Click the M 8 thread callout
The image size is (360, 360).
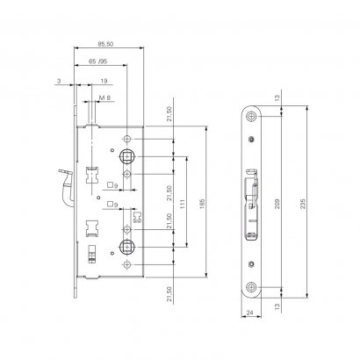pos(104,97)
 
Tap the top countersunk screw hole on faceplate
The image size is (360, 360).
pos(252,119)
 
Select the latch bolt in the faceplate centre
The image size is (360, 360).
pos(251,202)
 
